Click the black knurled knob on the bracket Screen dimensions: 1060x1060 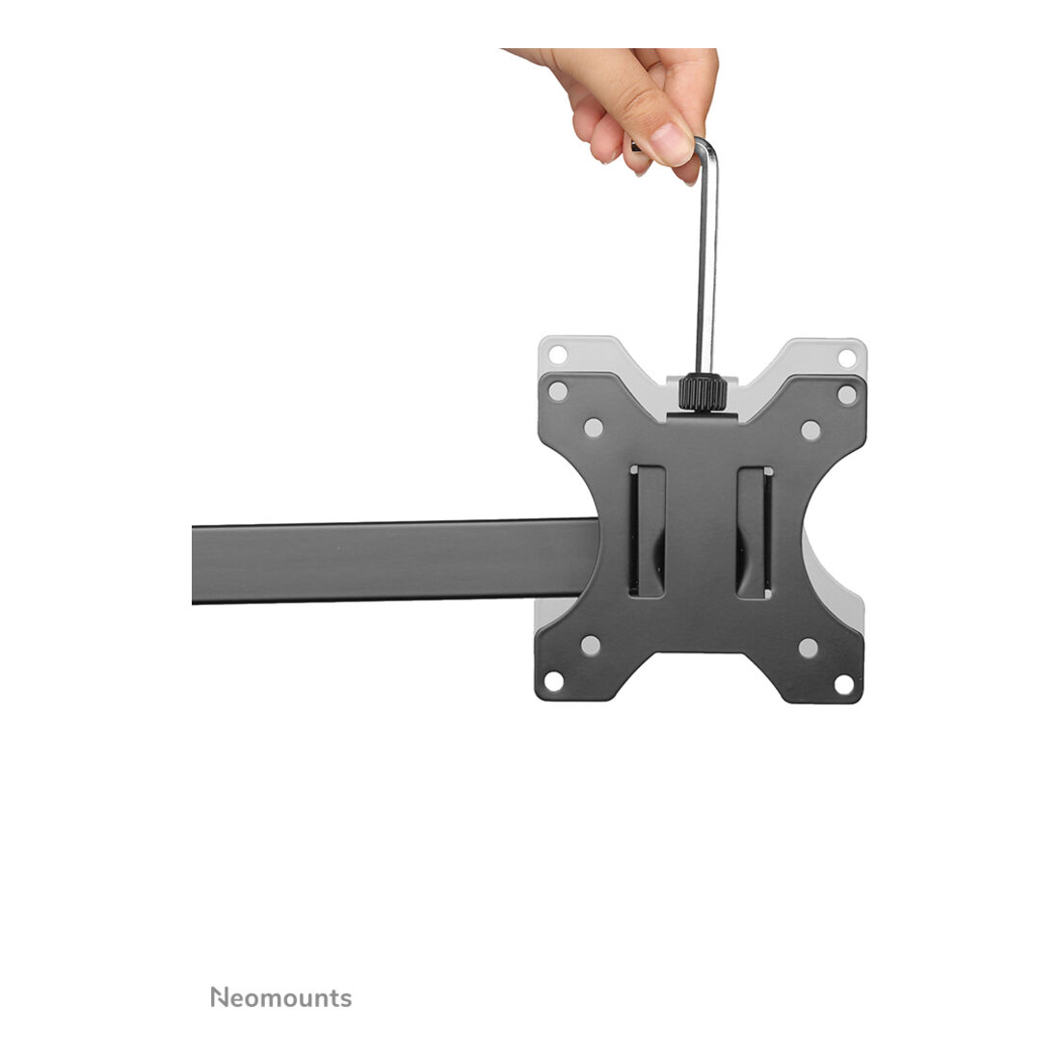tap(703, 392)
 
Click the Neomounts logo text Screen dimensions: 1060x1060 tap(281, 997)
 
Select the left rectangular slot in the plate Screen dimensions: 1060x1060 tap(647, 531)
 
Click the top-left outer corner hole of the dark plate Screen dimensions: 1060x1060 tap(558, 390)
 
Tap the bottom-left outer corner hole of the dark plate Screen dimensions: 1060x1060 tap(554, 681)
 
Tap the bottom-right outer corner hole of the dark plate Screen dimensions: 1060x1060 tap(844, 684)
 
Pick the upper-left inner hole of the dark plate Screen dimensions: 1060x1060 tap(594, 428)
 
